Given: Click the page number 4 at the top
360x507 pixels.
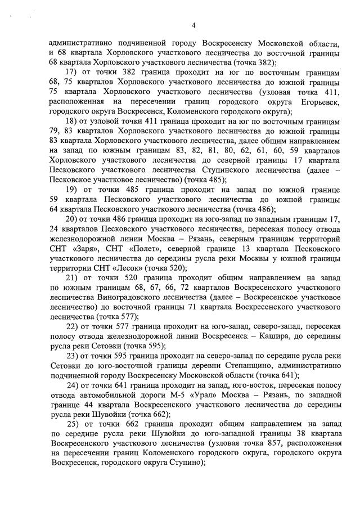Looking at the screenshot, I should (193, 25).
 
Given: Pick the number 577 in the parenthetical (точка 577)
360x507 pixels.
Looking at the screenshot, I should (119, 316).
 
